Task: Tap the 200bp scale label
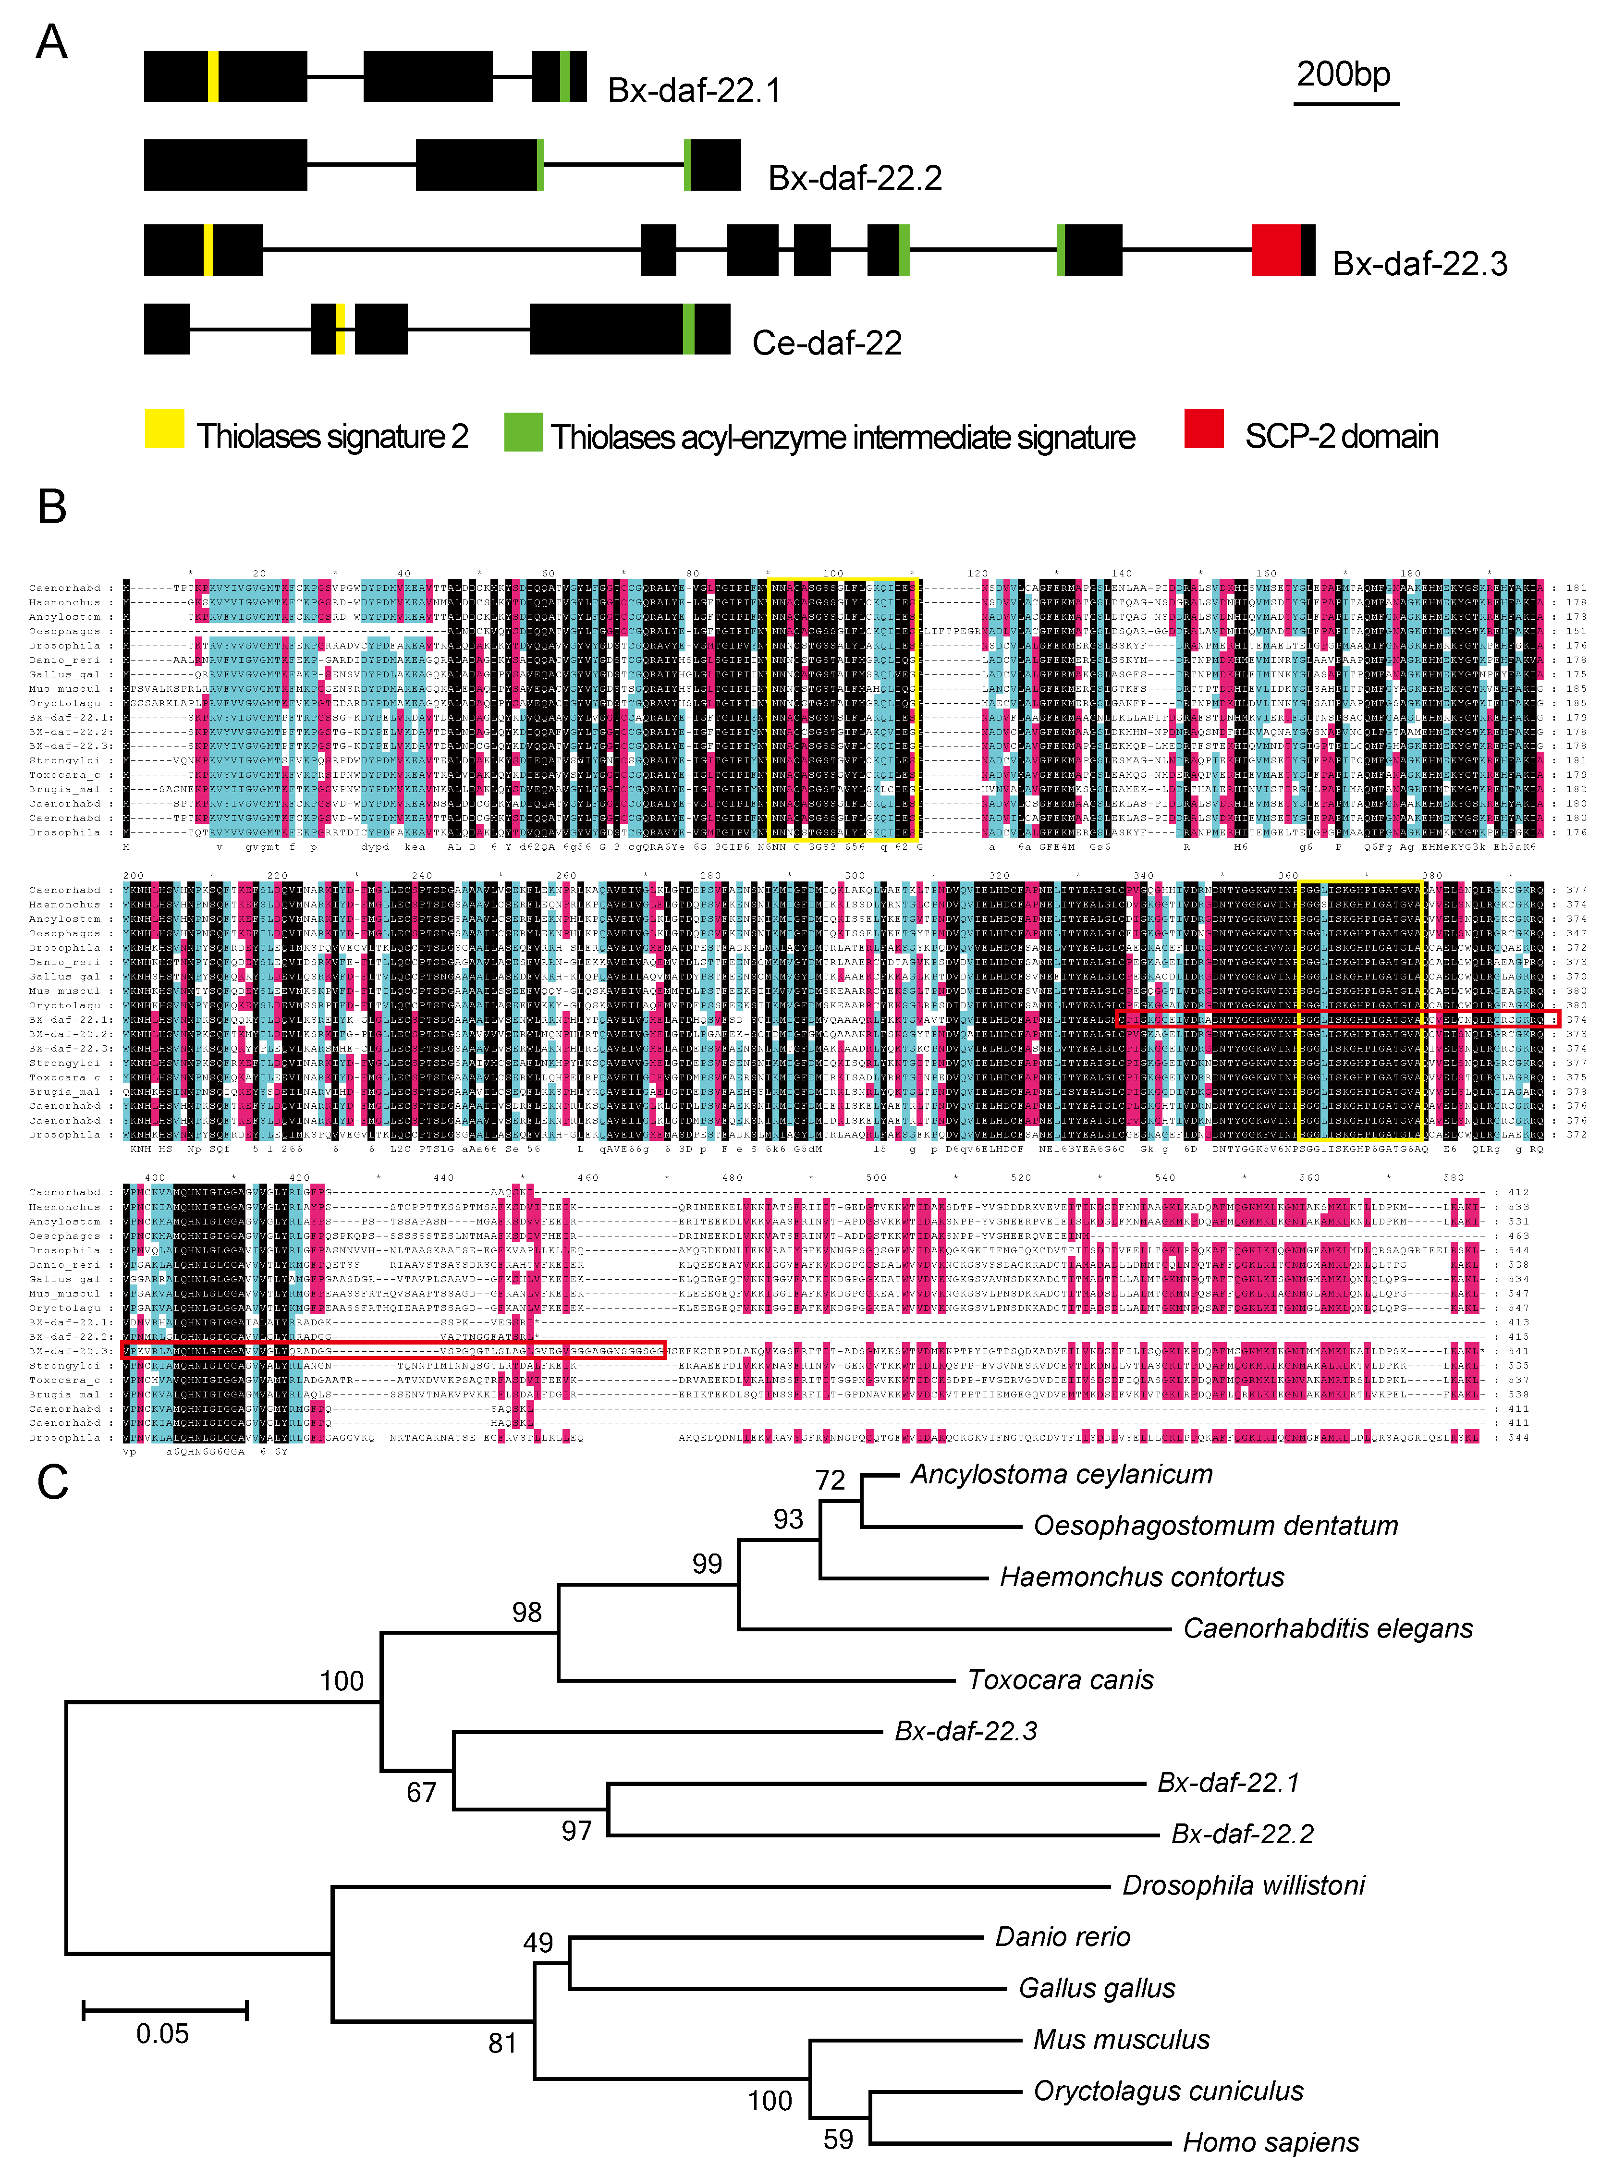tap(1344, 74)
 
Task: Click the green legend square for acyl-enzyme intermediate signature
tap(524, 431)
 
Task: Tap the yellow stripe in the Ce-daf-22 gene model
tap(340, 329)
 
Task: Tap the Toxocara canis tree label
tap(1060, 1680)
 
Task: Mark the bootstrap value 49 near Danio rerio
tap(538, 1943)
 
